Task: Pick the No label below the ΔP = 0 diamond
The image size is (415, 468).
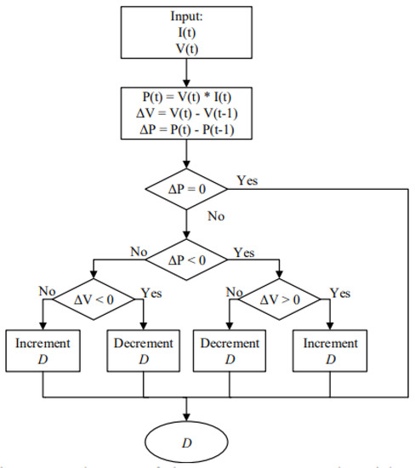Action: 217,218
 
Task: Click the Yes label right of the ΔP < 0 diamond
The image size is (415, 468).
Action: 243,253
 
